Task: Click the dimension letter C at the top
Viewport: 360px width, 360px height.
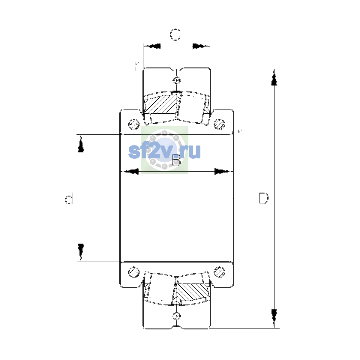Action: (175, 35)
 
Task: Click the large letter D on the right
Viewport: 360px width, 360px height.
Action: (264, 198)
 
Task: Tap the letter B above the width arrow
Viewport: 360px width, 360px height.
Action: (176, 160)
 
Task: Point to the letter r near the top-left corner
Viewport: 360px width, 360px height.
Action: (137, 66)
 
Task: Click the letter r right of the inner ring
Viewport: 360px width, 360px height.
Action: (239, 133)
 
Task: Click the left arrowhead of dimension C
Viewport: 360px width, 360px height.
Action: (152, 46)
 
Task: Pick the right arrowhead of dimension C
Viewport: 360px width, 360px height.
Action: (201, 46)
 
